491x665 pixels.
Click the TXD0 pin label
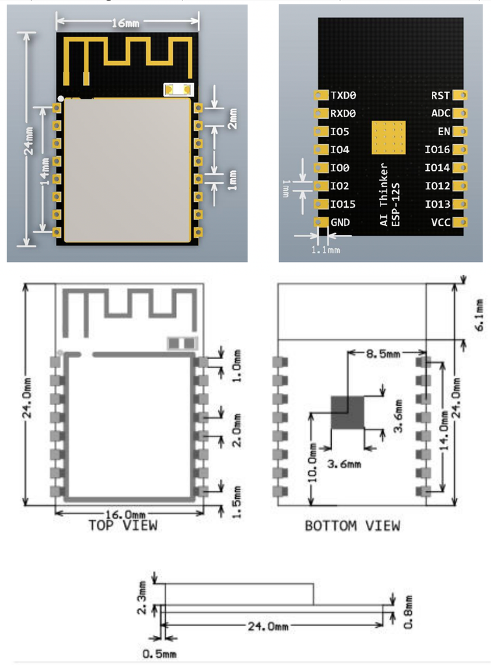[344, 95]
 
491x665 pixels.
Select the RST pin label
[440, 95]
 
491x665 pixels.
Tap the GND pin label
[340, 222]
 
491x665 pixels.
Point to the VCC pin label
[440, 222]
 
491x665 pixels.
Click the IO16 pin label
[437, 150]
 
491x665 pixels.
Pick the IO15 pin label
[342, 205]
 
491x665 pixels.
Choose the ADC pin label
[440, 114]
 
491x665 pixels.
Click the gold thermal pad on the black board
[388, 137]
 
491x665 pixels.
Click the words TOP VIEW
[123, 525]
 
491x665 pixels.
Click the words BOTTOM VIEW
[353, 525]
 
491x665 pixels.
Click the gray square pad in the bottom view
[347, 412]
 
